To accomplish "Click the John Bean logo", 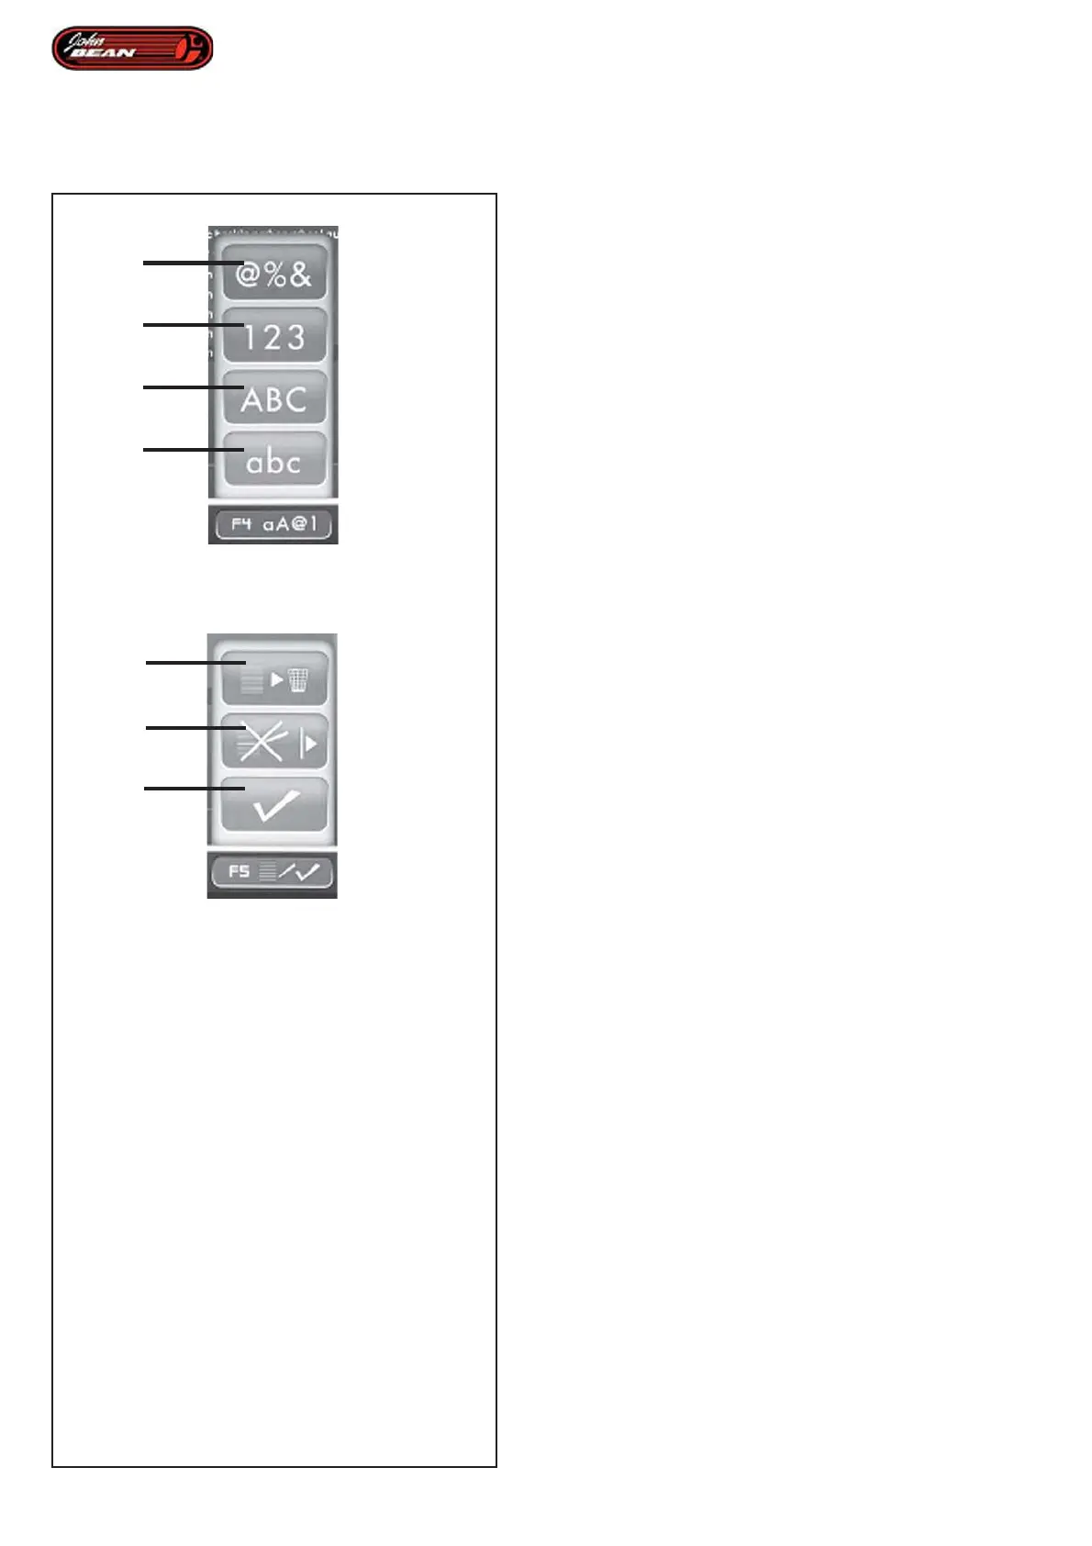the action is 132,49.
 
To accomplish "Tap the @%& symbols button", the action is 274,274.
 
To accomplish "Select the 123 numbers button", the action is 274,336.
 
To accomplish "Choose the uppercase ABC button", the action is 274,398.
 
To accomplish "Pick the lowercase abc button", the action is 274,461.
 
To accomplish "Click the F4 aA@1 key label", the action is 273,525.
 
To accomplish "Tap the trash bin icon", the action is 298,680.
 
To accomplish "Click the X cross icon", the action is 262,742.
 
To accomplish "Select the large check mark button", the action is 274,805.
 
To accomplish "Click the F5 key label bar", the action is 273,872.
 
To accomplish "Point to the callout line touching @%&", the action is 188,263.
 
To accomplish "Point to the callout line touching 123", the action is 188,324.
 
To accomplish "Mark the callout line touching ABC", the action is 188,386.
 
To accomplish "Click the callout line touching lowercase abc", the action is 188,449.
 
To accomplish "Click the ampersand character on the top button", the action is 300,274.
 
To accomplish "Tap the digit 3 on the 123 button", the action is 295,337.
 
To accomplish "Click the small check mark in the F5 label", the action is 307,872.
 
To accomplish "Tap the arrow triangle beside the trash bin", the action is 277,680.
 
